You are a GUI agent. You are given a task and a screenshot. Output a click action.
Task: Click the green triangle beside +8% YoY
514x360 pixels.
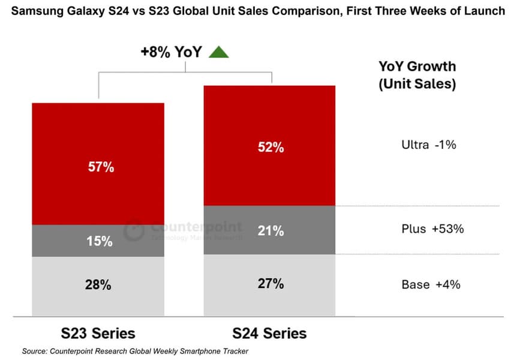point(218,52)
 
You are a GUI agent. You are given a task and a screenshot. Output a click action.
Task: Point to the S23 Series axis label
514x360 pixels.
point(98,333)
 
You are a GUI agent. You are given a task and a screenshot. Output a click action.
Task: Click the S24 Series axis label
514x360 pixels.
point(269,333)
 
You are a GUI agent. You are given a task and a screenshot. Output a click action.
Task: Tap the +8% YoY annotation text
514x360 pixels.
point(171,52)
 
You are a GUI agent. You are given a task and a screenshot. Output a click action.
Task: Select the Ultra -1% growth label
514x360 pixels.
point(429,145)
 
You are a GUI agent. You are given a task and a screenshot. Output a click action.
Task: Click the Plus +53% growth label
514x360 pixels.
point(432,229)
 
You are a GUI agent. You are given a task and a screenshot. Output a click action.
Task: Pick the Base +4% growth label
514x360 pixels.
point(431,284)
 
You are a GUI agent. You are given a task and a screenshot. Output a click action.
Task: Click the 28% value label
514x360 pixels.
point(98,286)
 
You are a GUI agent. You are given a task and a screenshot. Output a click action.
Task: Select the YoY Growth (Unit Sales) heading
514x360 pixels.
point(417,75)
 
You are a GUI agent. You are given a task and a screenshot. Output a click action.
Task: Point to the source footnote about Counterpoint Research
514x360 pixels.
point(135,350)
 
